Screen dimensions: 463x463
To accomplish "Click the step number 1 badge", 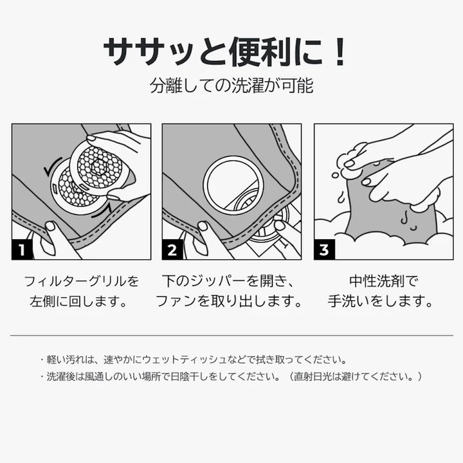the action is (x=22, y=250).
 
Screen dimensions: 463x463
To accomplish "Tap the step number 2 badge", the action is (x=172, y=250).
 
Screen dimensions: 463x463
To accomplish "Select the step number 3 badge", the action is (x=324, y=250).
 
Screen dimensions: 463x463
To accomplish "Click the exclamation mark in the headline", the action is (x=340, y=52).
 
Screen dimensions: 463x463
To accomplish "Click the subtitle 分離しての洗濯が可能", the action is (x=232, y=86).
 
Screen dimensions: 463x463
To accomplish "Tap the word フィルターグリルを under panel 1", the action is (x=81, y=281).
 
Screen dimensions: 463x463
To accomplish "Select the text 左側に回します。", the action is (x=78, y=302).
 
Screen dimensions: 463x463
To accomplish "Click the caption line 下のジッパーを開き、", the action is (x=228, y=281).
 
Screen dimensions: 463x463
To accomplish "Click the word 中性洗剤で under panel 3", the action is (x=384, y=281).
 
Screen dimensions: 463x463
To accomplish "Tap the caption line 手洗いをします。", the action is (x=381, y=302).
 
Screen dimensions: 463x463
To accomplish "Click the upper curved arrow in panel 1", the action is (x=51, y=165).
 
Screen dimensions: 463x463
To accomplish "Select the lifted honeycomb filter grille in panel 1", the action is (x=100, y=168).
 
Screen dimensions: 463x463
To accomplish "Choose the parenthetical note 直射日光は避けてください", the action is (x=354, y=376).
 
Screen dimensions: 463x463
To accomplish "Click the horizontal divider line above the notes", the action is (x=232, y=336).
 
